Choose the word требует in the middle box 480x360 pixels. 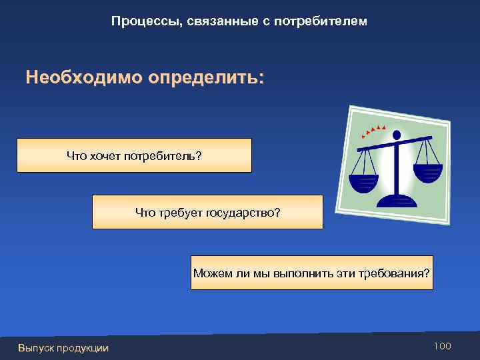[x=179, y=212]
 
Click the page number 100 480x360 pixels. [x=442, y=346]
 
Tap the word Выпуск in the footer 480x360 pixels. [x=36, y=347]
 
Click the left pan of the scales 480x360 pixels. [x=364, y=182]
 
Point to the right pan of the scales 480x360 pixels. [x=427, y=173]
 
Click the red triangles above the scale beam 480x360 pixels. [x=374, y=129]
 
